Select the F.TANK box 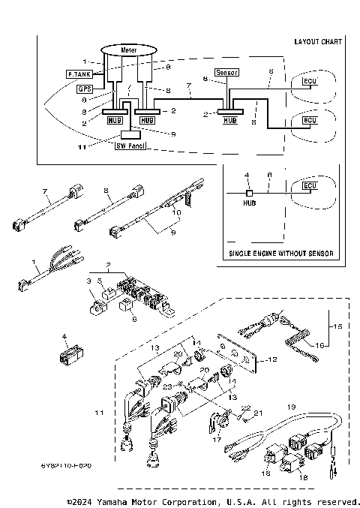pos(79,75)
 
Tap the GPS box pos(85,89)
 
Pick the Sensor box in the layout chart pos(226,73)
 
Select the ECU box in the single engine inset pos(308,185)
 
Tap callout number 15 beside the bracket pos(337,327)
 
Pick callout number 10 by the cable pos(177,212)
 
